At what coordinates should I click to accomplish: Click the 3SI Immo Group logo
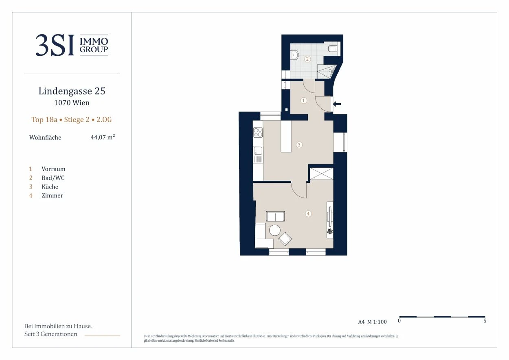(72, 45)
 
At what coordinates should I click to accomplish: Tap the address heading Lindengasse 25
(72, 91)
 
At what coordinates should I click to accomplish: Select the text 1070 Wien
(72, 103)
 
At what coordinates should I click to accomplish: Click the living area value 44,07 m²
(103, 137)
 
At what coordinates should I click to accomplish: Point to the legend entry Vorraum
(53, 169)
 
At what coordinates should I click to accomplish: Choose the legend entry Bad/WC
(53, 178)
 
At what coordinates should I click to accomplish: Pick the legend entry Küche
(50, 187)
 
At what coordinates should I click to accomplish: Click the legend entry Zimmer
(52, 195)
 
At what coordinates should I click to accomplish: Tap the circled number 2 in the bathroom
(307, 59)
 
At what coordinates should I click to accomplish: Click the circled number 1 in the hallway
(304, 101)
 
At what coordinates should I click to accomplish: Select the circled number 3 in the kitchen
(299, 145)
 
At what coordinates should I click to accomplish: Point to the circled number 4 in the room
(308, 214)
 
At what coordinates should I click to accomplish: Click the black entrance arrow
(337, 104)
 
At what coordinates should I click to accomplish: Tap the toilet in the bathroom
(333, 48)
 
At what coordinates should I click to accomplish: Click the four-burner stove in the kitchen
(258, 132)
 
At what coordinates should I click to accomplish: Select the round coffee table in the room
(275, 230)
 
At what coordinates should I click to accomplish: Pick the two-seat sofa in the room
(275, 216)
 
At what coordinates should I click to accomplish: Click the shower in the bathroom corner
(327, 72)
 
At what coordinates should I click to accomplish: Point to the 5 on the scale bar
(485, 320)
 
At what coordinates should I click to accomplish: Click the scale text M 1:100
(377, 322)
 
